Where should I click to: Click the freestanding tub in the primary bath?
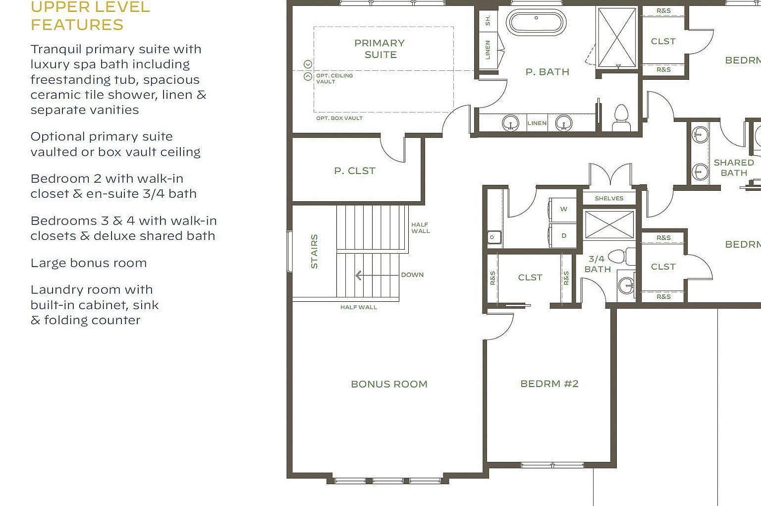(536, 22)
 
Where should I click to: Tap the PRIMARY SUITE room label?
(380, 49)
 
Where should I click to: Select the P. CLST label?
(355, 170)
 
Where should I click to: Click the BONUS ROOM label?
(389, 384)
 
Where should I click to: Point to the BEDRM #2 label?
(549, 384)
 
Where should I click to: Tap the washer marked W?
(563, 209)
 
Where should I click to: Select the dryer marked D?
(563, 236)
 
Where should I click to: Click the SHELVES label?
(609, 198)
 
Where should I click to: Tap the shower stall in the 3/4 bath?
(609, 225)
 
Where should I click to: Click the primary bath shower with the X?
(617, 38)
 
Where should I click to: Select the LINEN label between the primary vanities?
(537, 123)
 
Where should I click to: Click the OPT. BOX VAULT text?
(339, 118)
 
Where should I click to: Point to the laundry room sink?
(493, 237)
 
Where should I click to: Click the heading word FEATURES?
(77, 24)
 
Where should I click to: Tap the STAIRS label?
(314, 251)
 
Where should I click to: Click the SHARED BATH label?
(734, 168)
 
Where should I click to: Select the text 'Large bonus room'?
(89, 263)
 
